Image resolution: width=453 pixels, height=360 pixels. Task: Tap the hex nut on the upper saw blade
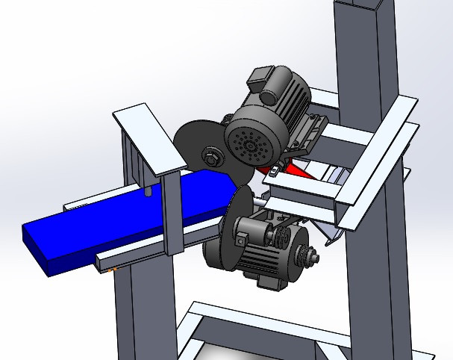pyautogui.click(x=211, y=156)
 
